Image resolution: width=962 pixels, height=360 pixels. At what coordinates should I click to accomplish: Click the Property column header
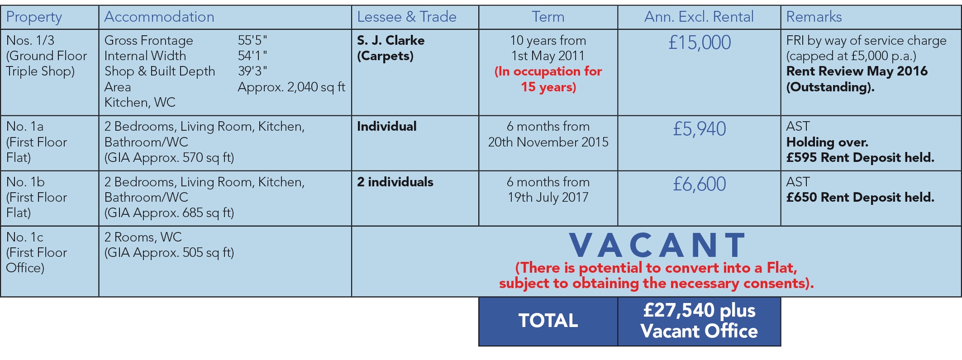click(x=34, y=17)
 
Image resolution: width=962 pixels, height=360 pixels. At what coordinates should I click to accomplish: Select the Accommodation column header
click(x=159, y=17)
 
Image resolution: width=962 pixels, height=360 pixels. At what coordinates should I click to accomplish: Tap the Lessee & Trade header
click(x=407, y=17)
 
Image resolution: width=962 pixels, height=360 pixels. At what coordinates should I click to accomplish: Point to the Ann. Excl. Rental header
click(x=699, y=17)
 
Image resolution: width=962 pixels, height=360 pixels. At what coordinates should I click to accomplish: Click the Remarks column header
click(x=814, y=17)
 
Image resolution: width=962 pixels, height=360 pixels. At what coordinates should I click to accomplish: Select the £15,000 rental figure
click(x=700, y=43)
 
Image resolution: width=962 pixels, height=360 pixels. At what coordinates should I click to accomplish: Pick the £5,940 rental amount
click(x=700, y=129)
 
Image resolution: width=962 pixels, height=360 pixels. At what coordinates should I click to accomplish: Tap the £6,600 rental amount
click(x=700, y=184)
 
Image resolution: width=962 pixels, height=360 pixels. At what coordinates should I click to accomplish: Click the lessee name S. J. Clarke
click(x=391, y=40)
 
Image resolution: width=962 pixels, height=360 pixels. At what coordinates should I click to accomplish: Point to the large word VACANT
click(x=657, y=245)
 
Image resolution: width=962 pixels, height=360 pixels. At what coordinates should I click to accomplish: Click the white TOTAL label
click(x=548, y=320)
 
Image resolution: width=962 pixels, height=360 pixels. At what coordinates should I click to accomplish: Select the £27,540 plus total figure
click(x=700, y=310)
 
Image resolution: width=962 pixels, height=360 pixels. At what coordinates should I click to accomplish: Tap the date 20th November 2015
click(x=548, y=142)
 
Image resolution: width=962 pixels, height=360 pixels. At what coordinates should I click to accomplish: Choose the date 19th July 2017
click(x=548, y=197)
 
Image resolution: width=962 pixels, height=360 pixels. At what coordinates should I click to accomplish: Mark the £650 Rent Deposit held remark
click(x=860, y=197)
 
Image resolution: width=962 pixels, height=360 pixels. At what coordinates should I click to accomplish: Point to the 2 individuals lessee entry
click(x=395, y=182)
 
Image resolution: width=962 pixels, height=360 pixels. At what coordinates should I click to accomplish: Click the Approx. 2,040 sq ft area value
click(x=292, y=87)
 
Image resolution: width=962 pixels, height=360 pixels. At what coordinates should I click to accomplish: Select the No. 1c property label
click(x=25, y=237)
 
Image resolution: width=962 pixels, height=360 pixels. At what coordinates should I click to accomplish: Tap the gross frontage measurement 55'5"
click(x=252, y=40)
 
